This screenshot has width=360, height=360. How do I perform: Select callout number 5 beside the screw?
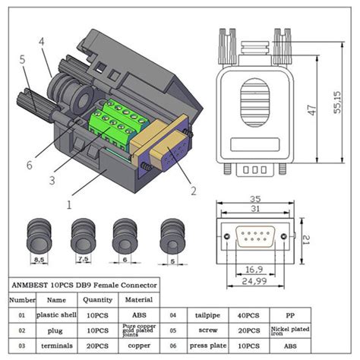(24, 57)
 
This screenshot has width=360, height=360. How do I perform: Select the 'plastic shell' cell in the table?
(58, 313)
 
